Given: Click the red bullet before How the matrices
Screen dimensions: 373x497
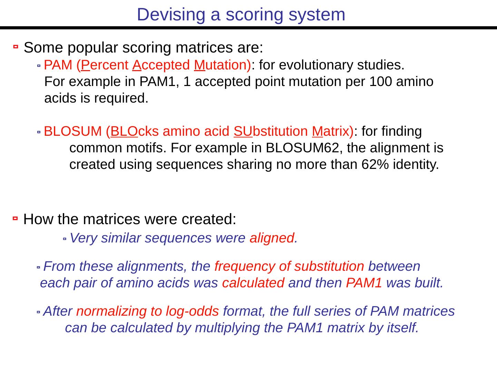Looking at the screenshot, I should click(15, 218).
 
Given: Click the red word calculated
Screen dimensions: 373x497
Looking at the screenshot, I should click(253, 283).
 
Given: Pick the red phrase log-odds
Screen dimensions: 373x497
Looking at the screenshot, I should click(192, 312).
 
